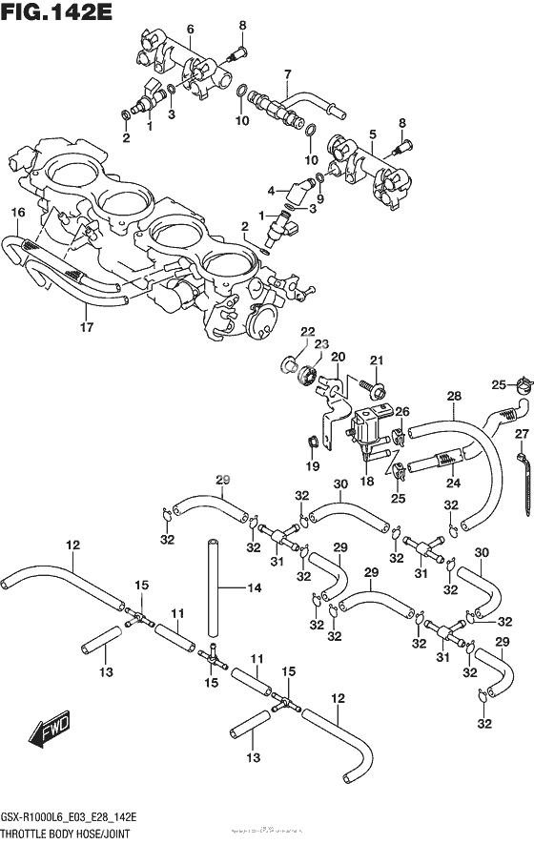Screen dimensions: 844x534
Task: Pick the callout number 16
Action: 16,212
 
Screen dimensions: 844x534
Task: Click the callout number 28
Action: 454,396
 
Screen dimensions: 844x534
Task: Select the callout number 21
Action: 377,359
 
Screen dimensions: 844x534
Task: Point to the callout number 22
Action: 307,331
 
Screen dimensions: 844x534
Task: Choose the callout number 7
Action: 287,73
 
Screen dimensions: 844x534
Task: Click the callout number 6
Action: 190,31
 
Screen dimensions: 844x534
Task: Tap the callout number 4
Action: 271,190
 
